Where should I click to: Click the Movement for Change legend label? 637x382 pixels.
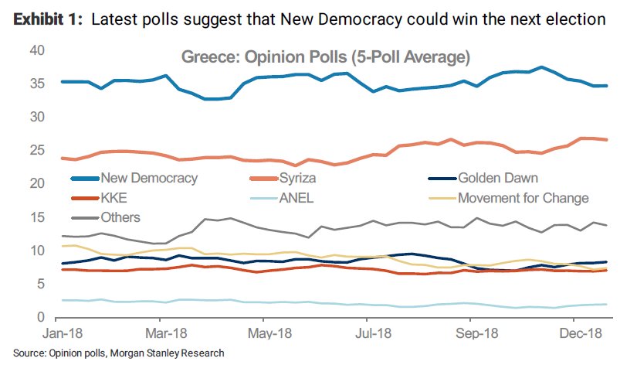[523, 198]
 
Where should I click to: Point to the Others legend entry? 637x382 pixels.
[120, 217]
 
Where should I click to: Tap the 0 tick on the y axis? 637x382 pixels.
[39, 317]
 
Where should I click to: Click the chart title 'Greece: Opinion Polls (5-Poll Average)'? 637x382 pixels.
[325, 57]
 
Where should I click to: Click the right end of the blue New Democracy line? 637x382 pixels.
[607, 86]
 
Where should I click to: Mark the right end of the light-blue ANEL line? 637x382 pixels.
[607, 304]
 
